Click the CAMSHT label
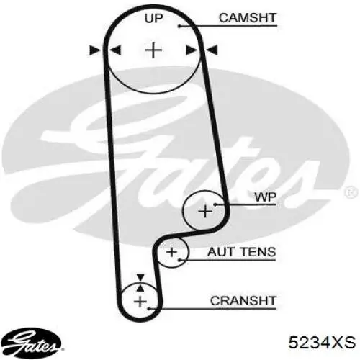[248, 18]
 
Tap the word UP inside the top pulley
[153, 18]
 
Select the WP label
[266, 197]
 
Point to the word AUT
[220, 252]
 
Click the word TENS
[258, 252]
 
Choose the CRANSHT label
[243, 301]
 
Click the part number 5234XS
[322, 342]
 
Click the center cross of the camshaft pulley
[153, 50]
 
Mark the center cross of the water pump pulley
[205, 212]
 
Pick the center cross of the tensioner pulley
[171, 252]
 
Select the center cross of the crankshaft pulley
[140, 302]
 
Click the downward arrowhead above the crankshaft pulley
[140, 277]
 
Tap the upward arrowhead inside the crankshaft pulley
[140, 287]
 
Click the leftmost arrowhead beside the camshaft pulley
[95, 50]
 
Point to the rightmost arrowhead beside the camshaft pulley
[212, 50]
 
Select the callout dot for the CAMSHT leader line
[179, 26]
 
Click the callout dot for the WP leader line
[215, 204]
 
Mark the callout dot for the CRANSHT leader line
[149, 308]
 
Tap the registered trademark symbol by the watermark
[351, 192]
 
